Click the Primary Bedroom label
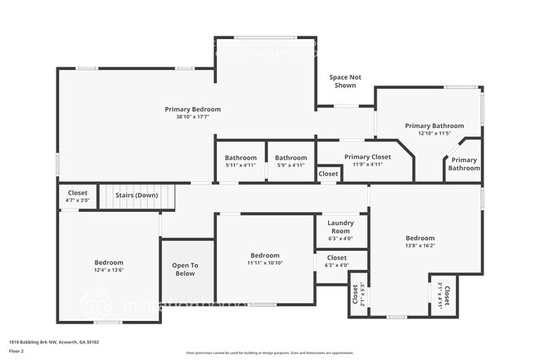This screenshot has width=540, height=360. (x=193, y=109)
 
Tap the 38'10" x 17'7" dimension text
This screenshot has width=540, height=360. (x=193, y=117)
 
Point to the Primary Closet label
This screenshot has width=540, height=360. (x=367, y=156)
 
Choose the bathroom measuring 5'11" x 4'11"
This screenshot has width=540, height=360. (x=241, y=160)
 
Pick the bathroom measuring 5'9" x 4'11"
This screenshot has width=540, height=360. (x=291, y=160)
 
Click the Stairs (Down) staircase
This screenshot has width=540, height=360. (x=136, y=196)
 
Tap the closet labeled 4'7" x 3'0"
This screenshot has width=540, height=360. (x=77, y=196)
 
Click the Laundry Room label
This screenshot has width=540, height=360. (x=341, y=226)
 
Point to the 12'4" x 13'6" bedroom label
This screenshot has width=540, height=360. (x=108, y=266)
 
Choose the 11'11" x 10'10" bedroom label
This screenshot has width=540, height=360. (x=265, y=259)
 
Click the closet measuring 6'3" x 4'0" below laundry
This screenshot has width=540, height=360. (x=336, y=262)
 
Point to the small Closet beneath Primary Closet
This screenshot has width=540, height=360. (x=328, y=174)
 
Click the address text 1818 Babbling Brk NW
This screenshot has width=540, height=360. (x=47, y=341)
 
